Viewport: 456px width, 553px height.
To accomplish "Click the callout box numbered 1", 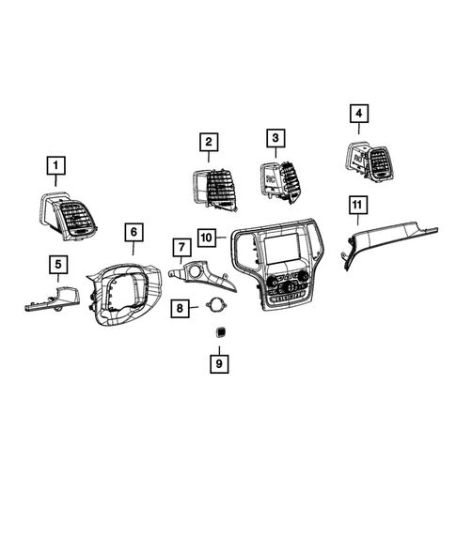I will (x=57, y=168).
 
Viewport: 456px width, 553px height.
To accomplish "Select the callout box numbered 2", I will (x=208, y=142).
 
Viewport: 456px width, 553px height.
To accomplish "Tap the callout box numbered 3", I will (x=275, y=139).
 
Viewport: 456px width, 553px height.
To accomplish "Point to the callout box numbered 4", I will (x=357, y=114).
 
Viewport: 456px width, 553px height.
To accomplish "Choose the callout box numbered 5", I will (x=57, y=265).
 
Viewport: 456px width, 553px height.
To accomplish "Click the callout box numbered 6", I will (x=133, y=231).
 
